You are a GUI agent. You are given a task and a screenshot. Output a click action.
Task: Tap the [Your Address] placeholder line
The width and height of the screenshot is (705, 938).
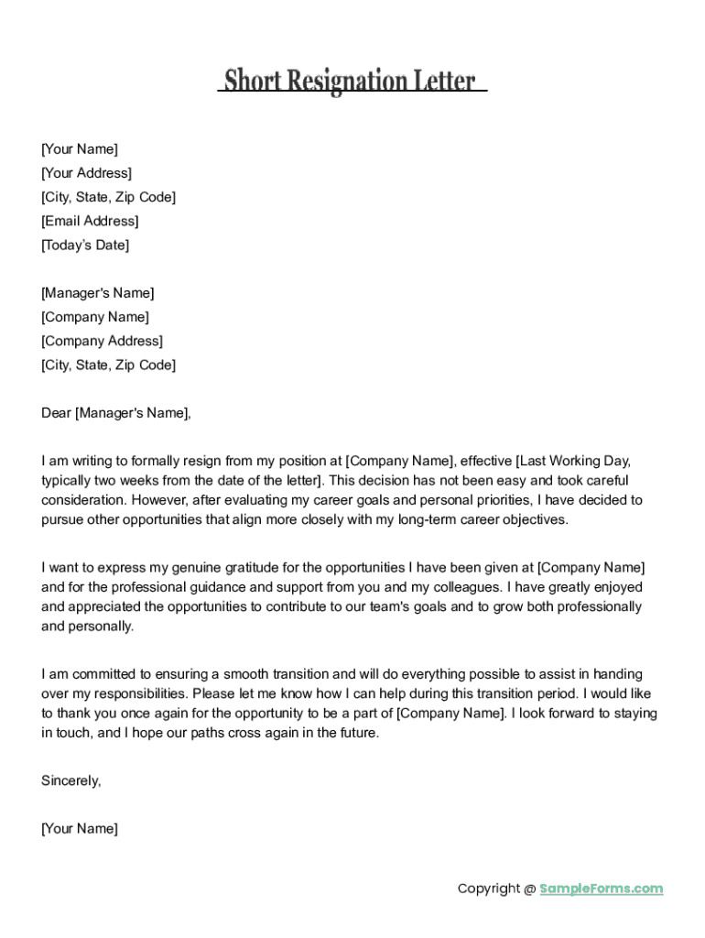point(86,173)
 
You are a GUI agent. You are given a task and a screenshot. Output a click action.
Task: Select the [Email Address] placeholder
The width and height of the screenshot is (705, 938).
point(90,221)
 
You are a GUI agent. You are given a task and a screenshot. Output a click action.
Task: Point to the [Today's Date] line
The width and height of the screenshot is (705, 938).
point(85,245)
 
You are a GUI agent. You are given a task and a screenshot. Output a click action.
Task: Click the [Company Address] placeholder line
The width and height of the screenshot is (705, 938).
point(102,341)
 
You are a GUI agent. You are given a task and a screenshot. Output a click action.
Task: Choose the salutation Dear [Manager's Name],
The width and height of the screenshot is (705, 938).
point(116,413)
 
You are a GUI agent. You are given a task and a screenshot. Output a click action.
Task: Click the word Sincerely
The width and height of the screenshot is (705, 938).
point(70,780)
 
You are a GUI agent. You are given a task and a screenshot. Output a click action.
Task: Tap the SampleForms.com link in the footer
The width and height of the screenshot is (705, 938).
point(601,889)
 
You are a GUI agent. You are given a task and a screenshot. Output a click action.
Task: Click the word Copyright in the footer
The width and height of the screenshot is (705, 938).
point(488,889)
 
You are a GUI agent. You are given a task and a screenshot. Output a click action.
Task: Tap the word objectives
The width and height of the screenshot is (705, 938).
point(534,519)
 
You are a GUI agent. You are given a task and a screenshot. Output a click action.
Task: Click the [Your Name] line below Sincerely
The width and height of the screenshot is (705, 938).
point(80,829)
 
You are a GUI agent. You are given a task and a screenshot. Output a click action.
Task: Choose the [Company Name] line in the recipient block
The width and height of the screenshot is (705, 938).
point(95,317)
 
